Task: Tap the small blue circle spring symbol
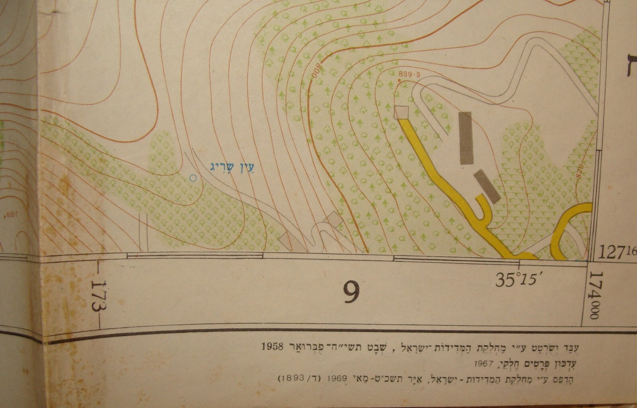coord(192,178)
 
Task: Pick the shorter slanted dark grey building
coord(487,187)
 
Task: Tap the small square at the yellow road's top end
coord(402,112)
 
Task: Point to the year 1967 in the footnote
coord(484,364)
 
